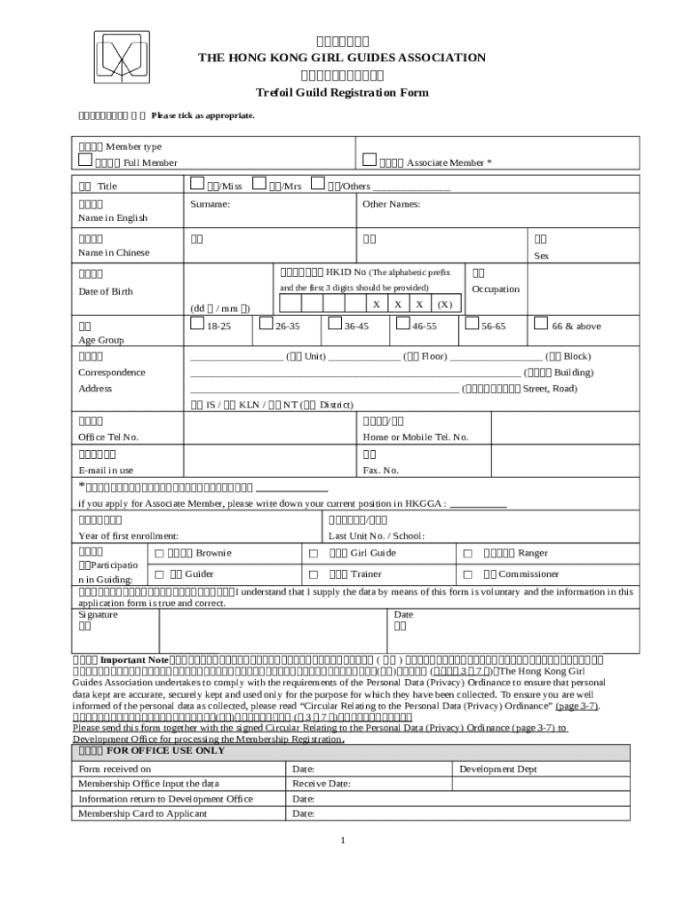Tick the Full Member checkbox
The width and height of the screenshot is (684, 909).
(85, 161)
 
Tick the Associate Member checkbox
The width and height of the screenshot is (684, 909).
(370, 161)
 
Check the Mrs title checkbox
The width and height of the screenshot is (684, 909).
(260, 185)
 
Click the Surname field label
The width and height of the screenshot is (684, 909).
(210, 204)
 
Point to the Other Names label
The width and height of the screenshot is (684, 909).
(391, 204)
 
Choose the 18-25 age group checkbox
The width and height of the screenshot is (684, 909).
(197, 325)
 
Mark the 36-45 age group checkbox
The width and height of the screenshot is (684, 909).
(334, 325)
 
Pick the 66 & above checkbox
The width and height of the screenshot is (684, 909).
(539, 325)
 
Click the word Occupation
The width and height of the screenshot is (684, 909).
(496, 289)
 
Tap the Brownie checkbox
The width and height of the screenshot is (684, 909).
(159, 553)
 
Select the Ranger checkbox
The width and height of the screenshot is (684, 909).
(465, 553)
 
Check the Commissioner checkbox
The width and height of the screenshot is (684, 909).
(465, 574)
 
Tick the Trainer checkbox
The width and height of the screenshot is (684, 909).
(313, 574)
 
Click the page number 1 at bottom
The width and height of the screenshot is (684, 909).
(342, 841)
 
